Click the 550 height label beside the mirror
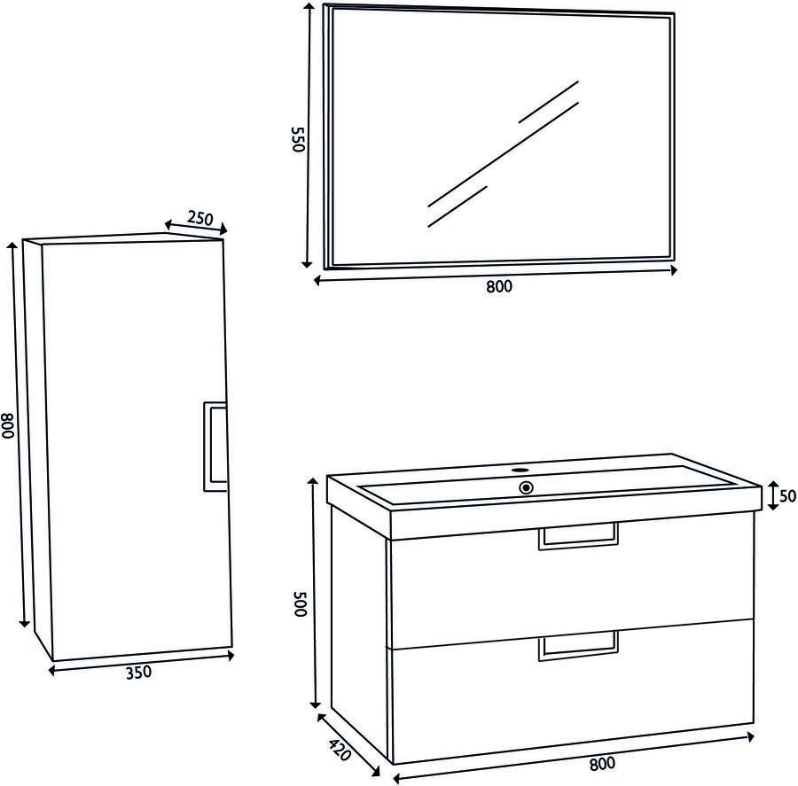click(x=298, y=139)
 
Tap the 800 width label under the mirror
click(x=498, y=286)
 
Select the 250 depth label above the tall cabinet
click(x=199, y=218)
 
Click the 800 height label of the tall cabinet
click(x=8, y=424)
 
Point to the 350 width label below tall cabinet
click(x=138, y=672)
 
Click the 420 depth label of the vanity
click(x=340, y=750)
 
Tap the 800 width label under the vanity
click(x=602, y=763)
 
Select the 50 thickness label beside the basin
click(x=787, y=495)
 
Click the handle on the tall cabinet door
click(x=215, y=447)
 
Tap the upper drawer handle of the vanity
click(x=578, y=536)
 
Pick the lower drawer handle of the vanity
click(x=578, y=646)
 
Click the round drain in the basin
click(x=526, y=488)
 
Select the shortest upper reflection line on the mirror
click(x=549, y=102)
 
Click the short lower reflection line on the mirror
click(x=458, y=206)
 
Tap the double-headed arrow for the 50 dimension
click(x=773, y=495)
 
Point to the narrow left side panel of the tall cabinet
click(x=37, y=447)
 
